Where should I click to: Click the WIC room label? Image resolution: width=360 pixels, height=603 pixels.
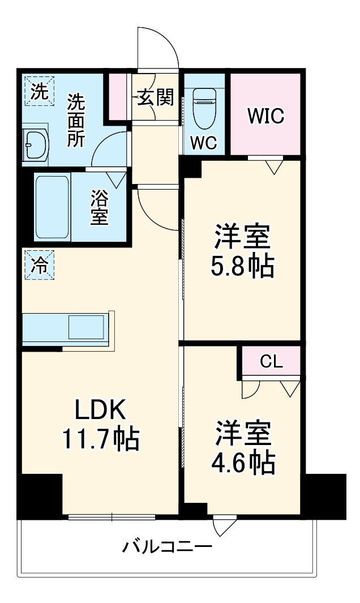click(265, 116)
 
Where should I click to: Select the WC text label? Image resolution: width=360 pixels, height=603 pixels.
click(203, 143)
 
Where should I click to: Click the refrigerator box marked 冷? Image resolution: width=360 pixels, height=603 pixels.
click(38, 264)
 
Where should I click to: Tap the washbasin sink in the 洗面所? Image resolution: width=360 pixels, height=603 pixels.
click(35, 146)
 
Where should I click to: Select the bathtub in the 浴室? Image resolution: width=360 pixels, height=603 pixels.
click(52, 208)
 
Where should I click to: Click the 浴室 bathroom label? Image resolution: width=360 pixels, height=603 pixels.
click(99, 208)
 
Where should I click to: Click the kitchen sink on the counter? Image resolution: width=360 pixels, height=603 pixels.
click(87, 328)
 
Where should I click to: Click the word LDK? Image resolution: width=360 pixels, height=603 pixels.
click(100, 409)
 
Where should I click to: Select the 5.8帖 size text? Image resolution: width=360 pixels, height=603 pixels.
click(242, 266)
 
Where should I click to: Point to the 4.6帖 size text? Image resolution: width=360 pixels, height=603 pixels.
click(243, 463)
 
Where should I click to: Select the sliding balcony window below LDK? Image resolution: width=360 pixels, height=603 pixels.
click(112, 516)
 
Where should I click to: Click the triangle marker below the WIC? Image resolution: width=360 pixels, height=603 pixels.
click(274, 166)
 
